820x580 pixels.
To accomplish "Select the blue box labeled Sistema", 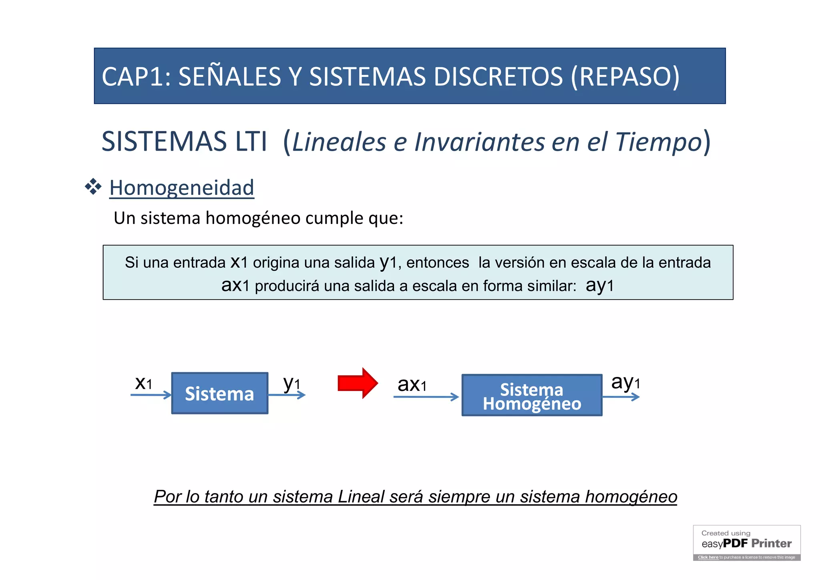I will click(220, 393).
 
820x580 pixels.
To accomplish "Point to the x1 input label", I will click(143, 383).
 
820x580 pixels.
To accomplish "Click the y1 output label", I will click(291, 384).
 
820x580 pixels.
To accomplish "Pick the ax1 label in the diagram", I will click(412, 385).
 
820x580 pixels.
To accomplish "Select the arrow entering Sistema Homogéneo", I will click(426, 397).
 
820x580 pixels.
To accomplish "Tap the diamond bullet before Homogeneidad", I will click(93, 187).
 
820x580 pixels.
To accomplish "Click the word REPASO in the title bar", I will click(625, 77).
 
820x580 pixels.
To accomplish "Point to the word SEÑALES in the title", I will click(230, 77).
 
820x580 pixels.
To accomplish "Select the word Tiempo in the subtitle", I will click(659, 142).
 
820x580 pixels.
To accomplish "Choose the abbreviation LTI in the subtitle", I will click(251, 142).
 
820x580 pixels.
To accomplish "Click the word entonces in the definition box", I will click(438, 263).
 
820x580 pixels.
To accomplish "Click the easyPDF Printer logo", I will click(747, 543).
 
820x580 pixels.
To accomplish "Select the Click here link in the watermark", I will click(708, 557).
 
